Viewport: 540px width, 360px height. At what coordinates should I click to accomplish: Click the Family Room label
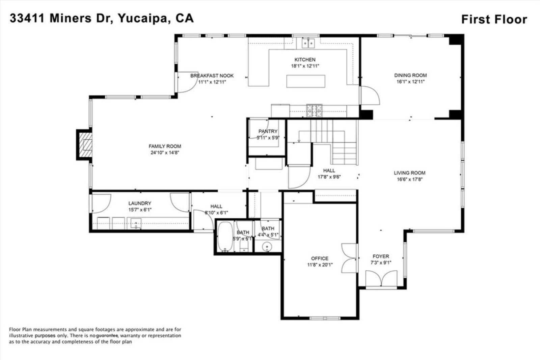click(x=165, y=146)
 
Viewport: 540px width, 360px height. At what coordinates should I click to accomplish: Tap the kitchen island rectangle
click(x=306, y=81)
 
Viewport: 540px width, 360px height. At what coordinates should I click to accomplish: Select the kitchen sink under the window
click(x=308, y=43)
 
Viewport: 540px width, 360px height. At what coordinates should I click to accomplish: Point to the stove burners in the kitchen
click(x=314, y=111)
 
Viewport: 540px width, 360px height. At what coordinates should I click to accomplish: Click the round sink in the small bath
click(x=267, y=247)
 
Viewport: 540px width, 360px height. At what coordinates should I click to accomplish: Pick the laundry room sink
click(x=136, y=223)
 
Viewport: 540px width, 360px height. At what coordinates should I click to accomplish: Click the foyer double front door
click(x=381, y=279)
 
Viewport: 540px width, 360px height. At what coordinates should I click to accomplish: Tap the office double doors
click(x=349, y=258)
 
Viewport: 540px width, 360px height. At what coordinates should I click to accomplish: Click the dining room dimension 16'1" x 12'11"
click(x=410, y=82)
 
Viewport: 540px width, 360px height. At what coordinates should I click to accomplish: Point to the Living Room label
click(x=410, y=173)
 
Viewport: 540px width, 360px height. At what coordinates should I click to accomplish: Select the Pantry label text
click(x=268, y=131)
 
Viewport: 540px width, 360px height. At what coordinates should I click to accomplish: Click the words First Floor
click(x=494, y=19)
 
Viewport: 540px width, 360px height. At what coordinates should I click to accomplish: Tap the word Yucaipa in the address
click(x=142, y=18)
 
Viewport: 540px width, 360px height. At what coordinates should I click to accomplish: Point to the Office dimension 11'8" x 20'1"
click(x=320, y=265)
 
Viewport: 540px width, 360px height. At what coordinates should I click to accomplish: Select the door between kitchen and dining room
click(x=370, y=95)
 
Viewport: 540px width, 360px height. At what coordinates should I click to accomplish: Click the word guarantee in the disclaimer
click(x=107, y=335)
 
